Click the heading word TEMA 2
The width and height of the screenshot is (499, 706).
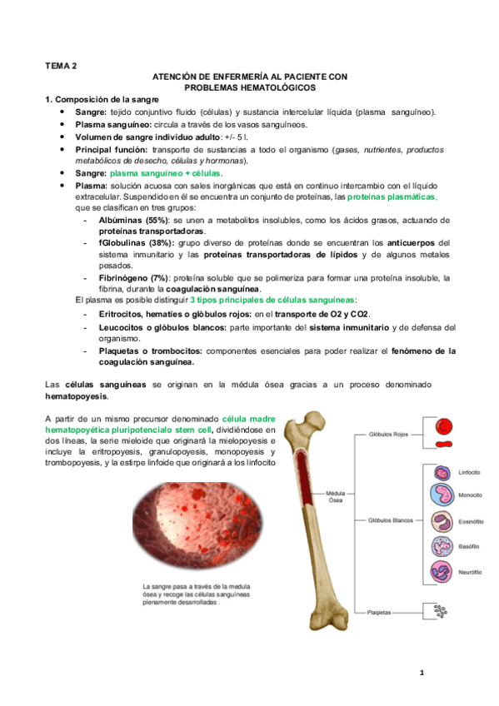click(x=61, y=64)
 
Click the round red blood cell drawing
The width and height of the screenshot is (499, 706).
click(x=445, y=426)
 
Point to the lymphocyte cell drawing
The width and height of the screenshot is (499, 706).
click(x=442, y=471)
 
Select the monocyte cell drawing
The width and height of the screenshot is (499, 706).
click(x=442, y=496)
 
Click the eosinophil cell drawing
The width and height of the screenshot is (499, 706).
click(x=442, y=521)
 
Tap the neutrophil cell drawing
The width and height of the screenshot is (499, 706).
click(x=442, y=572)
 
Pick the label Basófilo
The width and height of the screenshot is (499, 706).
click(x=469, y=547)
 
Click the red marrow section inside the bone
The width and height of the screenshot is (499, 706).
click(x=309, y=495)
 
